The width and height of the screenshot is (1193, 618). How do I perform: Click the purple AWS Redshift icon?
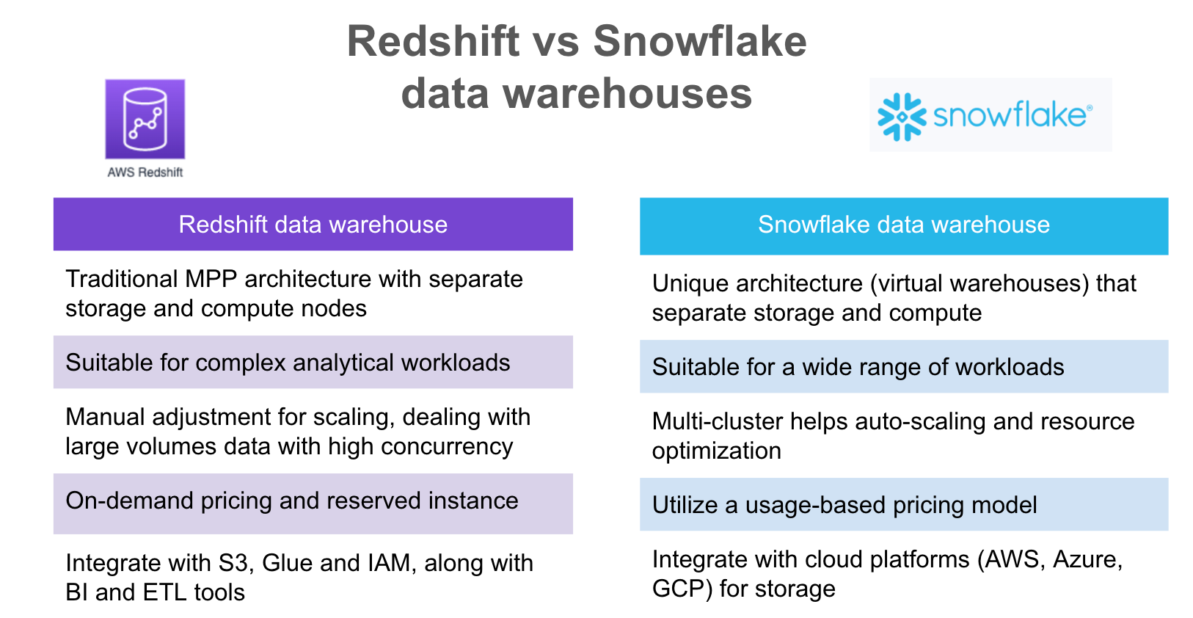pyautogui.click(x=145, y=119)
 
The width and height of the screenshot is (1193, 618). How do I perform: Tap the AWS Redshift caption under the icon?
pyautogui.click(x=145, y=172)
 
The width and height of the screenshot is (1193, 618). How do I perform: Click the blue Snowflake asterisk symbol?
pyautogui.click(x=902, y=117)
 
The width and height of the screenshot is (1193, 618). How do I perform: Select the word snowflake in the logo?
pyautogui.click(x=1010, y=115)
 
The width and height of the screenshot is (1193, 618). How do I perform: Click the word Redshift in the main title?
pyautogui.click(x=433, y=41)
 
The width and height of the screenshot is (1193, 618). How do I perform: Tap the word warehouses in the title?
pyautogui.click(x=627, y=94)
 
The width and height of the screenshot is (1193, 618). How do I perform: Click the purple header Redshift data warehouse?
pyautogui.click(x=313, y=225)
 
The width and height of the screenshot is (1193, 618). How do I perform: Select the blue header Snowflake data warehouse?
pyautogui.click(x=904, y=226)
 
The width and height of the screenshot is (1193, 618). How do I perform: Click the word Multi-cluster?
pyautogui.click(x=718, y=421)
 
